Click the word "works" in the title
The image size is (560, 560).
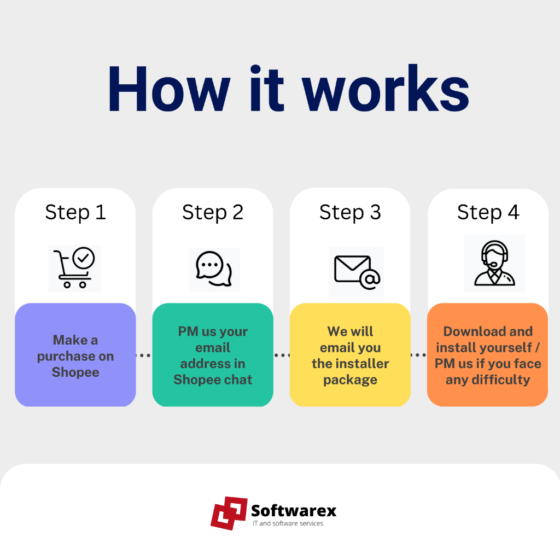[386, 88]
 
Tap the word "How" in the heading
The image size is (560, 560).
[169, 89]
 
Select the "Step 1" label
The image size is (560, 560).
[75, 213]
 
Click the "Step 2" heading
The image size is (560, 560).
[213, 213]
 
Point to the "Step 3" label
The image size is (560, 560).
[351, 213]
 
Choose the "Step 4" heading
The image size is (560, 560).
[488, 213]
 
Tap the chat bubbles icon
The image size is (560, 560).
[214, 269]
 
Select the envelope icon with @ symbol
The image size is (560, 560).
[357, 272]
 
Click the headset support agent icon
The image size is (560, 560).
[494, 263]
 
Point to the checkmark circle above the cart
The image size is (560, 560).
[84, 258]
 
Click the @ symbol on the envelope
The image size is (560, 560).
[370, 279]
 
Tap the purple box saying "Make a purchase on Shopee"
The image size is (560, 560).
[75, 355]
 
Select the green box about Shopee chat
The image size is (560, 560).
[213, 355]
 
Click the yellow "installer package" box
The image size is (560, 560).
[351, 355]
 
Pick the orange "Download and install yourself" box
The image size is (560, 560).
[487, 355]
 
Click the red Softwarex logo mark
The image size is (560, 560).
[229, 513]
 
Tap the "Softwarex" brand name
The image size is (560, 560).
[294, 511]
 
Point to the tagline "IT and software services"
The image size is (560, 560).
[288, 523]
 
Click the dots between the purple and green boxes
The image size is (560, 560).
[144, 355]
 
